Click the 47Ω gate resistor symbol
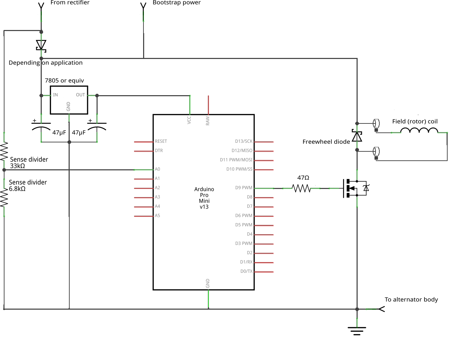301,188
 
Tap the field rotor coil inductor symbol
419,131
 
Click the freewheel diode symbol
357,136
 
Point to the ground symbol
357,331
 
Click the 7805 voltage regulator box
69,100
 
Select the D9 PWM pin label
244,188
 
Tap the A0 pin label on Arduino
157,169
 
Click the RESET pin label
161,141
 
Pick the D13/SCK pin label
243,141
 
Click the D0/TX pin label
246,271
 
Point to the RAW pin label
208,121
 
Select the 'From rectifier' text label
70,3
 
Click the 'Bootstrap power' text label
177,3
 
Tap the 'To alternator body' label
411,300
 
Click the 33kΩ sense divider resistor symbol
4,152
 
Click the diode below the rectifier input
41,46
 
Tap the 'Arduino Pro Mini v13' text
204,198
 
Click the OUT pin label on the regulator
80,95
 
